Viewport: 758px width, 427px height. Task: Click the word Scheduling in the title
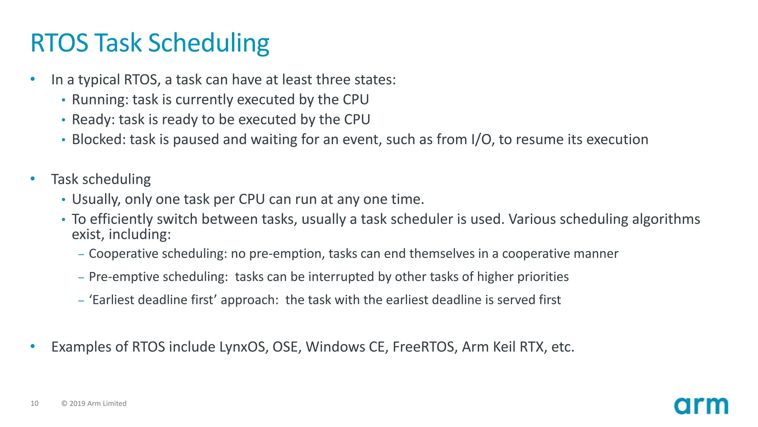pos(208,43)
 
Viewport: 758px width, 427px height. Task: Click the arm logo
pos(701,406)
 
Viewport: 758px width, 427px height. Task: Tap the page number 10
pos(34,403)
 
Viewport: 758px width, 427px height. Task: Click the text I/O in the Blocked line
pos(482,140)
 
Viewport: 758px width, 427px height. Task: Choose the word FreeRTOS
pos(423,347)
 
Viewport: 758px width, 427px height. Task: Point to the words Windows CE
pos(345,347)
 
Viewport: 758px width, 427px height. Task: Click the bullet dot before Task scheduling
pos(33,179)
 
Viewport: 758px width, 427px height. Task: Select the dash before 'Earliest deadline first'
pos(81,300)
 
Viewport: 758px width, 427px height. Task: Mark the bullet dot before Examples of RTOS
pos(33,347)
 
